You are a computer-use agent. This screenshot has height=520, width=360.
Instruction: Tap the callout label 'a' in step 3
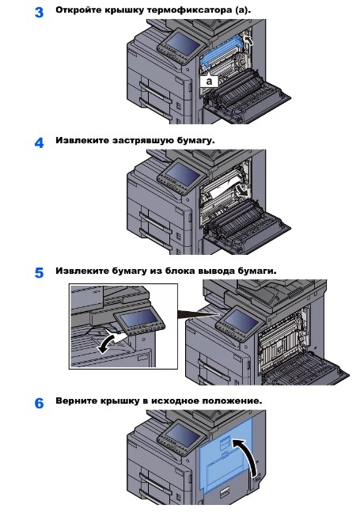point(209,81)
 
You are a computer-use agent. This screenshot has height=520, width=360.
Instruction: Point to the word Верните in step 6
point(76,401)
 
